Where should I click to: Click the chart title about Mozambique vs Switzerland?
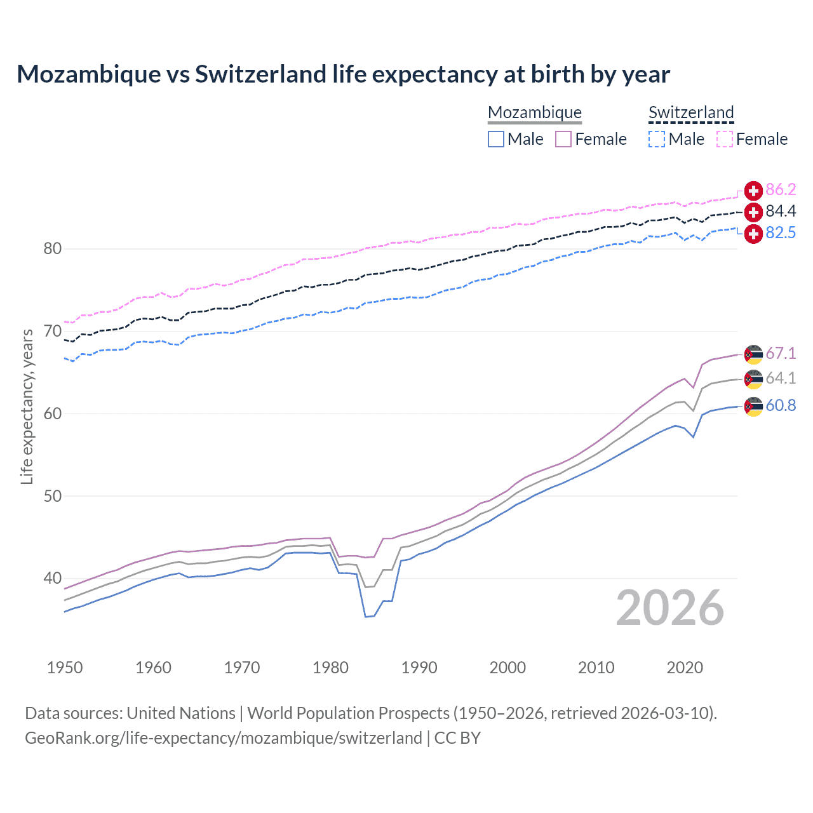point(343,74)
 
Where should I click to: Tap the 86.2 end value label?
point(781,190)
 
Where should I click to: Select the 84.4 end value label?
point(781,212)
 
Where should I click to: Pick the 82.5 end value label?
point(781,233)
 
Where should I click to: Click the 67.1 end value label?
point(781,354)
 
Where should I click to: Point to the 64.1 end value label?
point(781,379)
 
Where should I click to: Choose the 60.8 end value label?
point(781,406)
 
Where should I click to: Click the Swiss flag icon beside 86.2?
point(753,191)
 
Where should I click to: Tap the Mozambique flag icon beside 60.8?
point(753,406)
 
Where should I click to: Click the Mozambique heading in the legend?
point(535,112)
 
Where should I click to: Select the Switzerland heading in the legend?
point(691,112)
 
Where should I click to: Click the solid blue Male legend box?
point(496,139)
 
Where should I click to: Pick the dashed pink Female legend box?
point(725,139)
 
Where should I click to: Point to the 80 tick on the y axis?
point(53,249)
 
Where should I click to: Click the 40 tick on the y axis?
point(53,579)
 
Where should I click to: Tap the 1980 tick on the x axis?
point(330,668)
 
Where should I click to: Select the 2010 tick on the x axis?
point(596,668)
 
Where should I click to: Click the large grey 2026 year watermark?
point(670,608)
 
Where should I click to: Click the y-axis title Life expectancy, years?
point(27,406)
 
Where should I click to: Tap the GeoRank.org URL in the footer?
point(224,738)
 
